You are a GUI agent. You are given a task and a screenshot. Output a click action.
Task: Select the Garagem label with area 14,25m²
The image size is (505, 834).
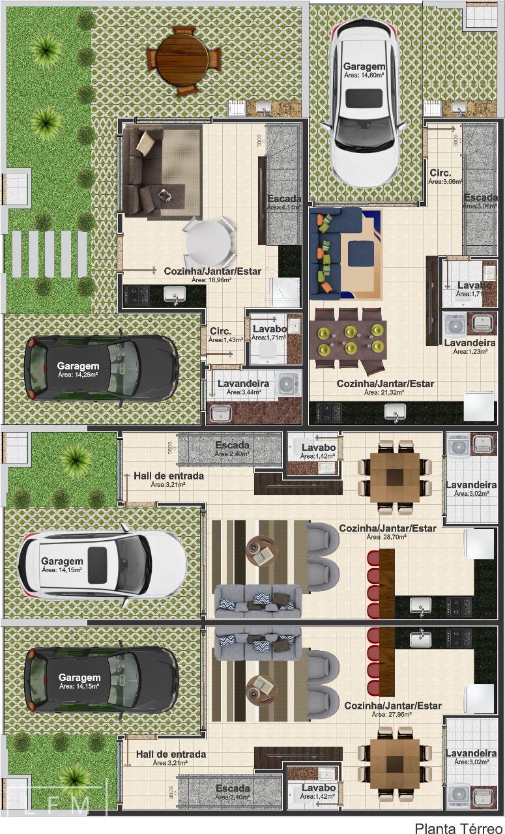(78, 369)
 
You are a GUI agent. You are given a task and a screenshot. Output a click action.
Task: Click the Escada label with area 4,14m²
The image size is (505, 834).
(284, 202)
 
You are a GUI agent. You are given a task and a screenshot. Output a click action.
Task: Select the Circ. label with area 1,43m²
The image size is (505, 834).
(225, 334)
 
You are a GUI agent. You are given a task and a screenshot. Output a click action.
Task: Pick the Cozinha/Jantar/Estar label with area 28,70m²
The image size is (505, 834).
(387, 532)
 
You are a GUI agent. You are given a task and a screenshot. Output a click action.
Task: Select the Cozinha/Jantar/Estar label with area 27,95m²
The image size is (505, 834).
(392, 710)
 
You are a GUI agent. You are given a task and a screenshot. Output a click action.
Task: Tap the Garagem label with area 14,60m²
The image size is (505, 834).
(364, 70)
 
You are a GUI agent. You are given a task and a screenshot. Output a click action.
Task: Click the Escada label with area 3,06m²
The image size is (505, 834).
(481, 201)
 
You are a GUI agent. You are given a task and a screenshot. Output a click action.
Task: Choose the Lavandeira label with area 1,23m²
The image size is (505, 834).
(469, 346)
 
